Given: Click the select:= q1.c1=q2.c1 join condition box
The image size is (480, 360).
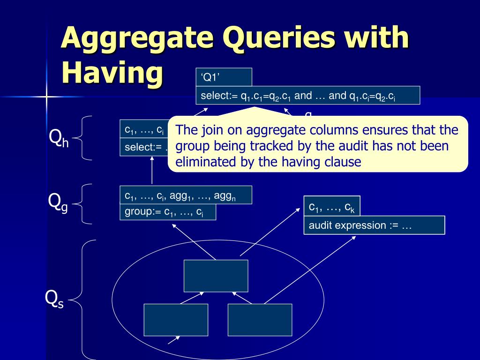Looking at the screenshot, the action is [x=307, y=96].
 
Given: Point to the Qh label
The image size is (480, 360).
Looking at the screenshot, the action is [x=59, y=138].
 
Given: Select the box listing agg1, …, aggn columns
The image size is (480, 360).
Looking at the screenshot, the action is [x=186, y=195].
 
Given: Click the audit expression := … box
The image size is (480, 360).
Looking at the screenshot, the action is [x=374, y=225].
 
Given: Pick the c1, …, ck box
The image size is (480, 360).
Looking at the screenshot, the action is [x=332, y=206].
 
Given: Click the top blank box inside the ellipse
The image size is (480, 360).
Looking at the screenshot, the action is [x=216, y=276].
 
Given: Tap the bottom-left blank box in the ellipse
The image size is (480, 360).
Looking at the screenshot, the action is [x=176, y=320].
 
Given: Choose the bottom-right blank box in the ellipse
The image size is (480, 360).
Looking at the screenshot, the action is [x=260, y=320].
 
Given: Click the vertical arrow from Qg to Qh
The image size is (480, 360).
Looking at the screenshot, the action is [x=152, y=171].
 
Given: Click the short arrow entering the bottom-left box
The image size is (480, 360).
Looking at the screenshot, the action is [x=174, y=339].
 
